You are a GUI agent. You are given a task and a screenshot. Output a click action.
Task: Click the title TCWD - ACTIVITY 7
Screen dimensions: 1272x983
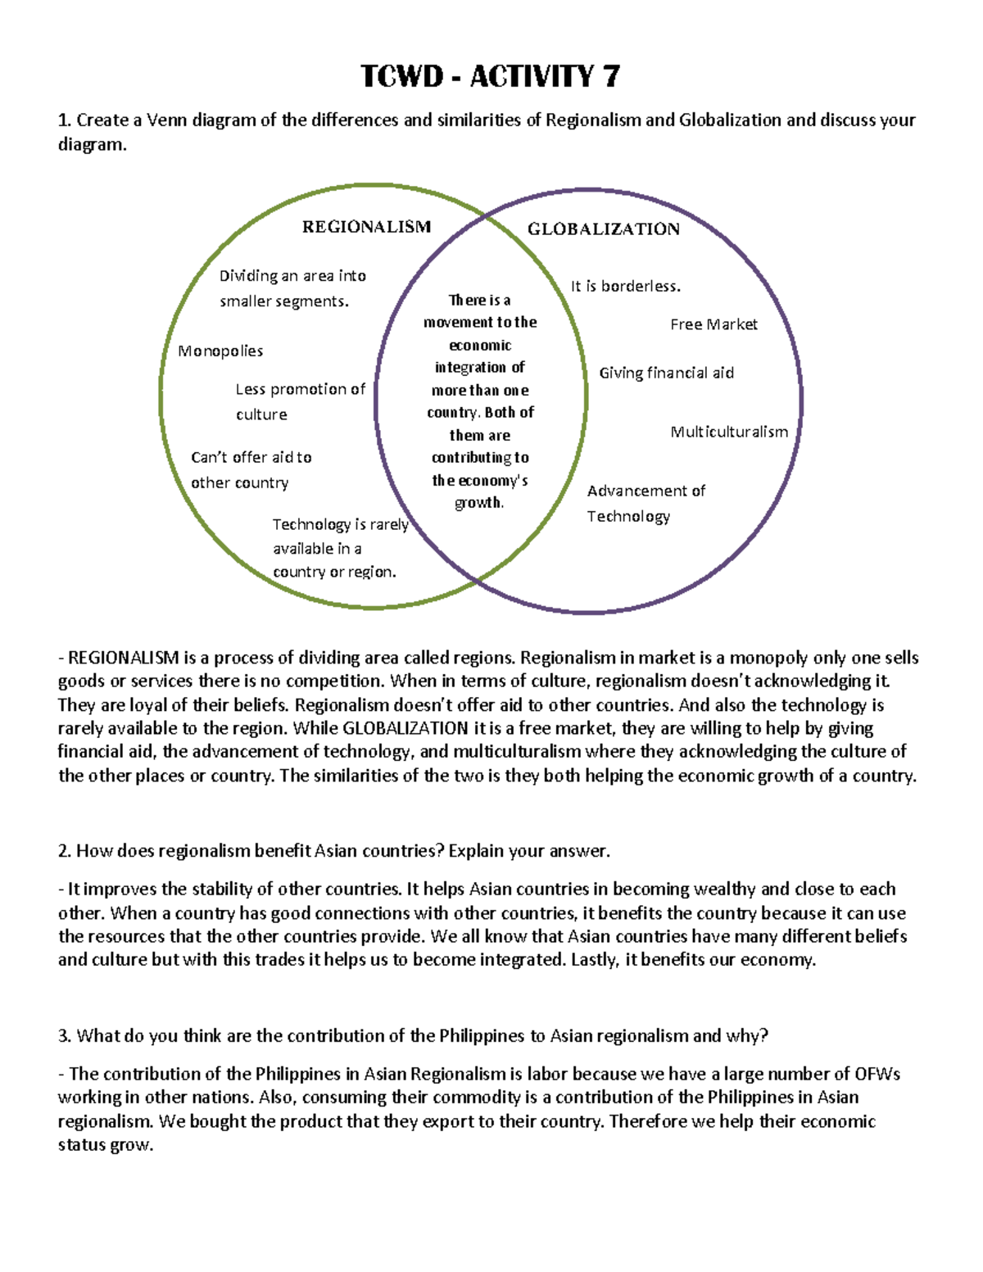pyautogui.click(x=490, y=76)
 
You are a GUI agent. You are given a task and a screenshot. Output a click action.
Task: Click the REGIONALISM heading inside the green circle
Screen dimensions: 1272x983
pyautogui.click(x=366, y=227)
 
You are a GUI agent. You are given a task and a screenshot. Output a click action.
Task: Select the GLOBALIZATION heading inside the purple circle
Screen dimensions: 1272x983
pyautogui.click(x=603, y=229)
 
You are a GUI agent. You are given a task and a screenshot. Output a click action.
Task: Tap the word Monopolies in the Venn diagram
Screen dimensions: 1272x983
pyautogui.click(x=220, y=351)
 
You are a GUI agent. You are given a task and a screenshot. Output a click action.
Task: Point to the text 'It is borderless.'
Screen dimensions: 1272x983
pyautogui.click(x=625, y=287)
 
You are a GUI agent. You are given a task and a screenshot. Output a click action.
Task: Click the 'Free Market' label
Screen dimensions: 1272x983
pyautogui.click(x=713, y=324)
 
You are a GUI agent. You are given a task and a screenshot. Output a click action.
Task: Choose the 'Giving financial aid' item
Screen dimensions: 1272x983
pyautogui.click(x=666, y=373)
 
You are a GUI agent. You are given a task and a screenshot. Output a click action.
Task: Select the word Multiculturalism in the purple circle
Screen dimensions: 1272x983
pyautogui.click(x=729, y=432)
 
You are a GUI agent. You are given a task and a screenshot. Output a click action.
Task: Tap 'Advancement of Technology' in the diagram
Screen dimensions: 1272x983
pyautogui.click(x=645, y=503)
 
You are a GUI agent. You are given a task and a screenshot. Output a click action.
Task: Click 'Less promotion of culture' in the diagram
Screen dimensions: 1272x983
pyautogui.click(x=299, y=401)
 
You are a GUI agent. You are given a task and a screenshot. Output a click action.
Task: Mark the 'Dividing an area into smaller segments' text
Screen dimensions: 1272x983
pyautogui.click(x=292, y=288)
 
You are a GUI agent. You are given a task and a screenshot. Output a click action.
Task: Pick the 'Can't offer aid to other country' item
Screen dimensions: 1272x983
pyautogui.click(x=251, y=470)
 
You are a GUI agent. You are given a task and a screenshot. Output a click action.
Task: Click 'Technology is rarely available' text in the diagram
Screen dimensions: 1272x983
pyautogui.click(x=339, y=548)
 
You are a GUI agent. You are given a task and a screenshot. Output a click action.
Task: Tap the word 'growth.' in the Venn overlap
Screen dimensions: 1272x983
pyautogui.click(x=479, y=503)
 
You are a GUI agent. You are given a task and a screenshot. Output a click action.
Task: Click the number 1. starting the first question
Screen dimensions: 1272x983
pyautogui.click(x=65, y=120)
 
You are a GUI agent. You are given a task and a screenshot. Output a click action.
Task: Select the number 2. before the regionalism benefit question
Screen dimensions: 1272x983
pyautogui.click(x=65, y=851)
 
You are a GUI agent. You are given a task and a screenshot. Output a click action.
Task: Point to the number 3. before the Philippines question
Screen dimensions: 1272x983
pyautogui.click(x=65, y=1036)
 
